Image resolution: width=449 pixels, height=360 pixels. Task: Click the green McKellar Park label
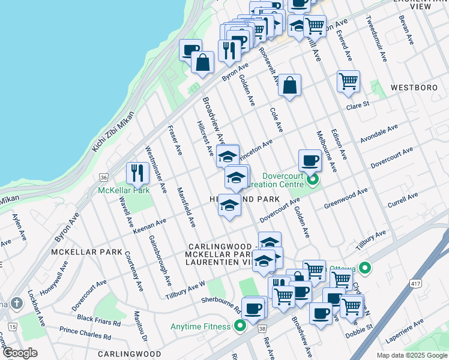[124, 190]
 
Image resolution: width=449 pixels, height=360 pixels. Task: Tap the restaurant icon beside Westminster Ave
[137, 173]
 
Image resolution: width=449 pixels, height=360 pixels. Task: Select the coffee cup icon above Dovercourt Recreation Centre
[310, 160]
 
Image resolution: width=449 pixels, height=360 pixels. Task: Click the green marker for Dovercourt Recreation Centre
[312, 179]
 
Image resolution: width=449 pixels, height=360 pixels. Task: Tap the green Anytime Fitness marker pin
[240, 326]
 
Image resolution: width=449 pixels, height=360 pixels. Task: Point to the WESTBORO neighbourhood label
[414, 88]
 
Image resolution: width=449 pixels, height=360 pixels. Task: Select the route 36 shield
[104, 178]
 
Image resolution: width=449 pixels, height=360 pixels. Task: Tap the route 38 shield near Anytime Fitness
[262, 329]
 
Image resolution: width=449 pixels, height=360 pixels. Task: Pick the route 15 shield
[13, 326]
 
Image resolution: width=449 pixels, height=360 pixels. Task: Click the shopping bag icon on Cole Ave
[289, 86]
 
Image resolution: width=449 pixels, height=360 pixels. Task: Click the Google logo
[20, 353]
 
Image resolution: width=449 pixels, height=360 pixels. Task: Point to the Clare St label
[357, 106]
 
